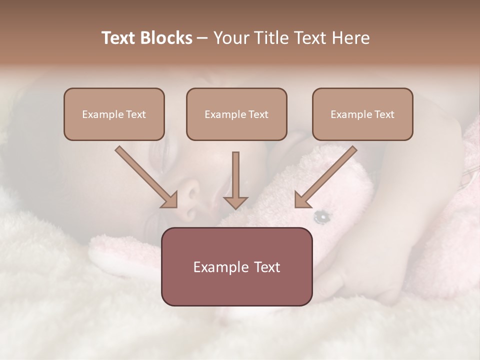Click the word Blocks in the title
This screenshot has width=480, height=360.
(166, 38)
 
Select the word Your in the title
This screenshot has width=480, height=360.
(230, 38)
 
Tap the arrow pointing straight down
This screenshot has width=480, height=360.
(235, 180)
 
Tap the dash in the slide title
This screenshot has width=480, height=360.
(202, 38)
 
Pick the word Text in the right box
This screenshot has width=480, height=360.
(384, 114)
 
